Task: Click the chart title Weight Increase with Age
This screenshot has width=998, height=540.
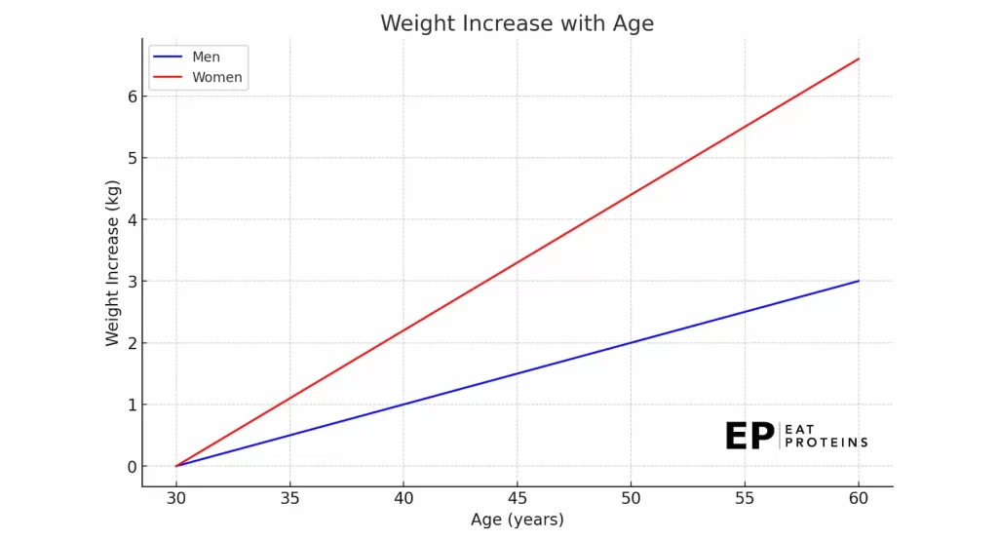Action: [517, 23]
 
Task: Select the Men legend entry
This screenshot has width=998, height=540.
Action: [187, 57]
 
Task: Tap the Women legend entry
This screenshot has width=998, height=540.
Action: [198, 77]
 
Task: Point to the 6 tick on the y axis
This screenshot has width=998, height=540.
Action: [133, 96]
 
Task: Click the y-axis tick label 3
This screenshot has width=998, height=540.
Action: [133, 281]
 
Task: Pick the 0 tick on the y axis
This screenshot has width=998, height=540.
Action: [133, 467]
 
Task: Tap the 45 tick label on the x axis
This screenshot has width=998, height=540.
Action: [517, 498]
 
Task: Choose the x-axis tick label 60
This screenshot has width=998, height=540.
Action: [859, 498]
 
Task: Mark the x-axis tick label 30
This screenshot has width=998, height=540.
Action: [176, 498]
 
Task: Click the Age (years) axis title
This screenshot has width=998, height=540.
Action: [517, 520]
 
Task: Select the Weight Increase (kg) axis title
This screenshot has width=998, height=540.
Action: [113, 263]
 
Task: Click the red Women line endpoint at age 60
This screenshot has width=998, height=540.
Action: [859, 58]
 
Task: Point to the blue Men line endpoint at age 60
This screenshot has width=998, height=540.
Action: [859, 281]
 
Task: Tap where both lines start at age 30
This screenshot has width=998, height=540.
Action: [176, 466]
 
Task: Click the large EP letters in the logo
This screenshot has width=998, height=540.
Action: [749, 437]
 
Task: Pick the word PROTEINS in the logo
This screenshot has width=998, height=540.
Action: [826, 442]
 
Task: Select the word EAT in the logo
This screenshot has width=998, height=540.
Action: [799, 429]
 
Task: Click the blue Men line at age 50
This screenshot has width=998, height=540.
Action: [631, 342]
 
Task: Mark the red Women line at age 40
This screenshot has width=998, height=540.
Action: [403, 330]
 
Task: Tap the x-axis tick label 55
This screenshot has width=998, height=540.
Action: [745, 498]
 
